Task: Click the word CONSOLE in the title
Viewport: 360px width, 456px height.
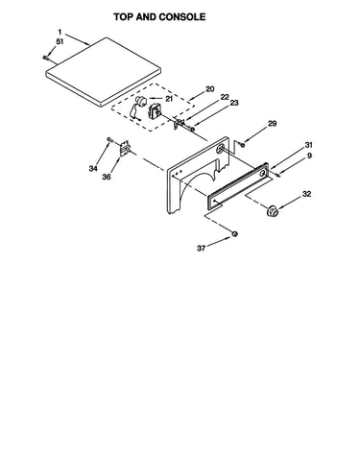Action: [x=182, y=17]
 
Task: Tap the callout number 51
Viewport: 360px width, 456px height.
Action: [x=60, y=41]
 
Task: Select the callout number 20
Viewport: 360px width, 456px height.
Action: [x=210, y=89]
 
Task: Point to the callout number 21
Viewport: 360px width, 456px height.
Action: [x=169, y=99]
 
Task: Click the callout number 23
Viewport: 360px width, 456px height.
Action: [x=234, y=103]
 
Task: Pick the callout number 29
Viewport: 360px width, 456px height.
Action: [x=272, y=123]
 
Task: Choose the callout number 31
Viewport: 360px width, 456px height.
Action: [x=308, y=145]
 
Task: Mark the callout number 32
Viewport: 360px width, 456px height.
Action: [x=306, y=194]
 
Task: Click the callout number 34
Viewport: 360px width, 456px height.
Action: [x=93, y=168]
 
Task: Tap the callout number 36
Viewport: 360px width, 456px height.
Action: [x=107, y=177]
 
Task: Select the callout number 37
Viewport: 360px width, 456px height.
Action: [x=201, y=248]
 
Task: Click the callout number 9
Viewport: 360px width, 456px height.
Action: [x=309, y=156]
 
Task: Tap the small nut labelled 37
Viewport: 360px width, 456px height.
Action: [x=235, y=234]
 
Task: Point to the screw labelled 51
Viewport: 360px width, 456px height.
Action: [x=45, y=58]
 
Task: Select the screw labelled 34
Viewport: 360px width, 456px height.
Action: [x=109, y=139]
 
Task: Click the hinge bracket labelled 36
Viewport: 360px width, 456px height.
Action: [x=125, y=149]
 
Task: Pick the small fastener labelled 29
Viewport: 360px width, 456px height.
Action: [x=243, y=146]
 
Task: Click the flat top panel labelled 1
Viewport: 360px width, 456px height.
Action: [x=103, y=72]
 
